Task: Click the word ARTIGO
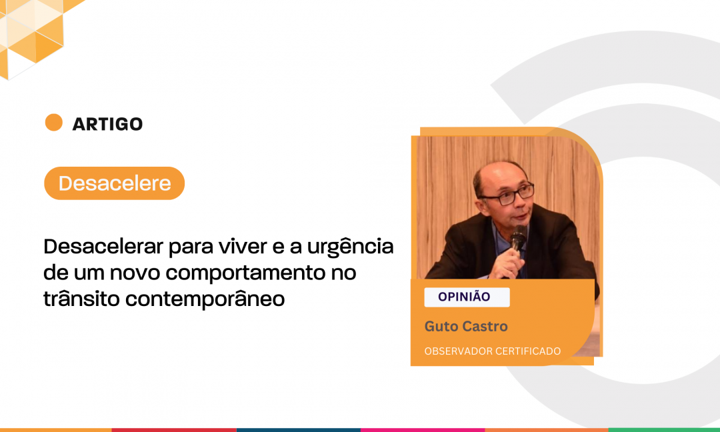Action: pyautogui.click(x=107, y=124)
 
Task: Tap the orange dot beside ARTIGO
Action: pyautogui.click(x=54, y=123)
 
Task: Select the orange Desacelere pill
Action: pyautogui.click(x=115, y=183)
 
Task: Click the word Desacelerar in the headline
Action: pyautogui.click(x=103, y=247)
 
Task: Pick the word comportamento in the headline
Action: pyautogui.click(x=245, y=274)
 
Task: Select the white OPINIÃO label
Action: pyautogui.click(x=467, y=297)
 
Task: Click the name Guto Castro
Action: pyautogui.click(x=466, y=327)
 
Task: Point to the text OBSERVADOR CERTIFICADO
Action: pyautogui.click(x=492, y=351)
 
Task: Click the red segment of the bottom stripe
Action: pyautogui.click(x=174, y=430)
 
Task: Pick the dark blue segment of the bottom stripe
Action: pyautogui.click(x=299, y=430)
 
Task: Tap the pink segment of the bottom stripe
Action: pyautogui.click(x=423, y=430)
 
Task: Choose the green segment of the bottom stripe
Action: pyautogui.click(x=664, y=430)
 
